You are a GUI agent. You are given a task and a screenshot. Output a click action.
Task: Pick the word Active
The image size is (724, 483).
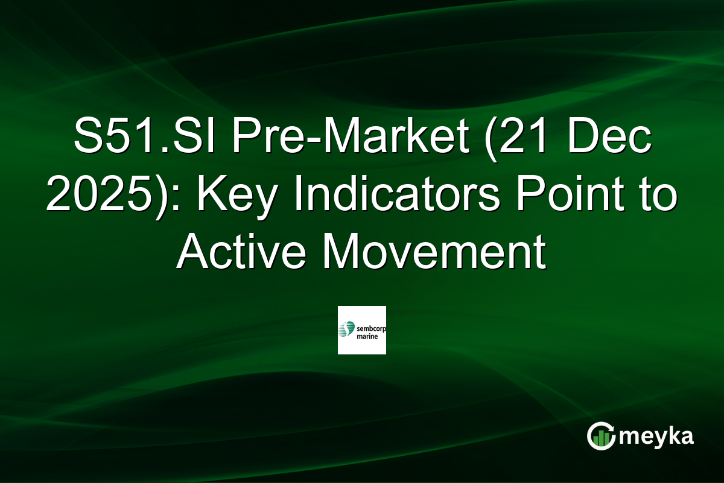coord(241,253)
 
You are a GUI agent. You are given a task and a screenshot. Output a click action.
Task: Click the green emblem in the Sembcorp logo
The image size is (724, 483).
coord(346,330)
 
